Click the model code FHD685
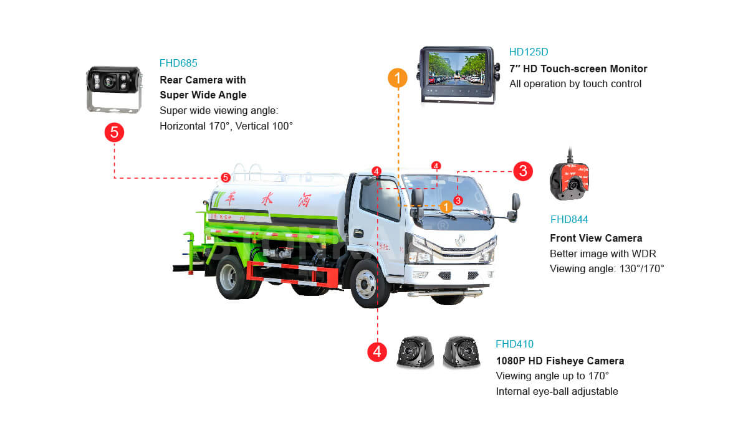click(x=178, y=63)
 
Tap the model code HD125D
click(x=529, y=52)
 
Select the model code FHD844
click(x=569, y=219)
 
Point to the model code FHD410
click(x=514, y=344)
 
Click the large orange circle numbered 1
click(x=398, y=78)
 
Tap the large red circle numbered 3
click(x=523, y=171)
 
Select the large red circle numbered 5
click(x=114, y=132)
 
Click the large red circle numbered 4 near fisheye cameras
click(x=377, y=351)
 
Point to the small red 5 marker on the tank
click(x=226, y=178)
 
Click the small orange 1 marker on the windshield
click(x=446, y=207)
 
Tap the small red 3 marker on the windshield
click(x=458, y=200)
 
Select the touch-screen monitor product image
click(x=458, y=75)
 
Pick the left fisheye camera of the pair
click(x=415, y=352)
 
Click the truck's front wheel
click(x=367, y=284)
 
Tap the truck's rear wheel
click(x=233, y=277)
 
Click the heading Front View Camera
click(x=596, y=238)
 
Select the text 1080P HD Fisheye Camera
click(x=560, y=361)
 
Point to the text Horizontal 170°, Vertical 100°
click(x=226, y=126)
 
